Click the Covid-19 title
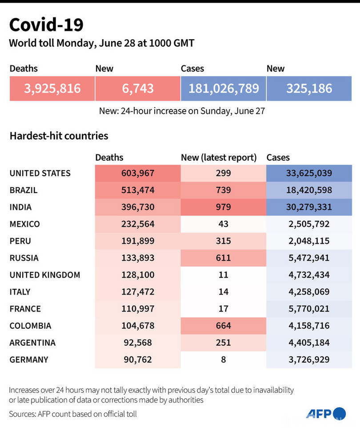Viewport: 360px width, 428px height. click(x=46, y=25)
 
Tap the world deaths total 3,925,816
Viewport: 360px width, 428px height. click(x=52, y=88)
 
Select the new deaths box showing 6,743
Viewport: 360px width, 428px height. click(x=138, y=88)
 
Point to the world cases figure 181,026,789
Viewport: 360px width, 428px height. click(x=224, y=88)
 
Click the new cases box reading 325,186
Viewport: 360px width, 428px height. click(x=309, y=88)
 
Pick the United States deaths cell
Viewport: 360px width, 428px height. click(x=138, y=173)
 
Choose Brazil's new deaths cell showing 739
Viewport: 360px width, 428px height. click(x=224, y=190)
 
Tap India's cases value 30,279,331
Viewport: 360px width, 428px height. click(x=309, y=207)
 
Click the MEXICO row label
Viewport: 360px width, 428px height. click(x=25, y=224)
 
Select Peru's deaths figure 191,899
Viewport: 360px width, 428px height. click(x=138, y=241)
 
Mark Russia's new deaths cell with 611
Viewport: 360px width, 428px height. click(x=224, y=258)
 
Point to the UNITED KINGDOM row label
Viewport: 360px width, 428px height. click(x=45, y=275)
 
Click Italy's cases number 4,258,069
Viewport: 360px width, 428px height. click(x=309, y=291)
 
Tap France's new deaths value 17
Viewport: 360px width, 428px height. click(x=224, y=308)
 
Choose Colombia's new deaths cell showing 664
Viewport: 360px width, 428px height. click(x=224, y=325)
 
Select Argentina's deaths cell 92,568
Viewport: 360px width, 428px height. click(x=138, y=342)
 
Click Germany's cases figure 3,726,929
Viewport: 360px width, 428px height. click(x=309, y=359)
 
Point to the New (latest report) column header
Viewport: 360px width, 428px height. click(x=219, y=157)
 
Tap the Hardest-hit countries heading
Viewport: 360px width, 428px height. click(x=59, y=136)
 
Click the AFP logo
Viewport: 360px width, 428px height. click(x=326, y=414)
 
